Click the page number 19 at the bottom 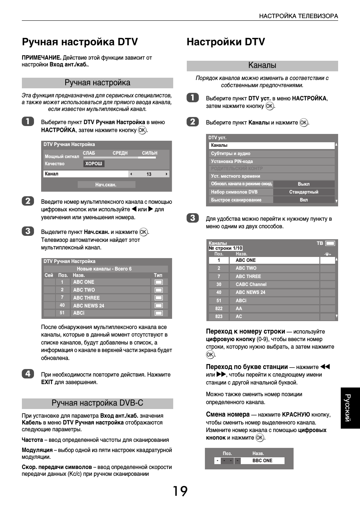[180, 491]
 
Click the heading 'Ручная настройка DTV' [80, 42]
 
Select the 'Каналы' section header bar [262, 66]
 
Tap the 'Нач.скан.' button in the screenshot [106, 185]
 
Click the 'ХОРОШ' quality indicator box [94, 164]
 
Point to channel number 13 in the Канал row [149, 174]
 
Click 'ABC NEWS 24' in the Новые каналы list [89, 306]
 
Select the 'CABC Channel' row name [251, 284]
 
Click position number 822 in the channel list [219, 309]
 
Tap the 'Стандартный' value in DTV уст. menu [304, 192]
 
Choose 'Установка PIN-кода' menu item [232, 161]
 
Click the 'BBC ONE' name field [263, 461]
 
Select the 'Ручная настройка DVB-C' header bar [97, 403]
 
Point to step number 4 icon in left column [28, 374]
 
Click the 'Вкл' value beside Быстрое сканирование [304, 200]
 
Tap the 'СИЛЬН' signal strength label [149, 153]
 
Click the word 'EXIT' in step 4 [47, 382]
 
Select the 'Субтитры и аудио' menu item [231, 154]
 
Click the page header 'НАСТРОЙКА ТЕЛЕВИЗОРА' [298, 16]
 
